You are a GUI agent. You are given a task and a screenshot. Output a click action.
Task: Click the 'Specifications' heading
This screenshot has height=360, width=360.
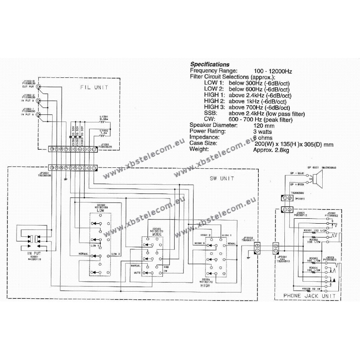pyautogui.click(x=210, y=64)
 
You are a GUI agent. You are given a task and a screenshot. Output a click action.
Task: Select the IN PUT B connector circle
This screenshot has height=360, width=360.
pyautogui.click(x=39, y=101)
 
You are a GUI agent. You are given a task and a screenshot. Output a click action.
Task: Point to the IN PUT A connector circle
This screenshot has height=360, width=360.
pyautogui.click(x=39, y=116)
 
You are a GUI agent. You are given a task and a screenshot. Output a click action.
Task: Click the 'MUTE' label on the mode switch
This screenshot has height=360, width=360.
pyautogui.click(x=136, y=273)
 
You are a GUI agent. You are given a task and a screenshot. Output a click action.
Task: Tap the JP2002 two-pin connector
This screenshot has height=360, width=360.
pyautogui.click(x=257, y=248)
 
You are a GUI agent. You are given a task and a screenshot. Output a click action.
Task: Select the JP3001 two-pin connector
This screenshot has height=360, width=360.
pyautogui.click(x=276, y=248)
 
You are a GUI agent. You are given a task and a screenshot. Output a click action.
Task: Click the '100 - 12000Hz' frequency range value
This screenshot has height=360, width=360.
pyautogui.click(x=272, y=71)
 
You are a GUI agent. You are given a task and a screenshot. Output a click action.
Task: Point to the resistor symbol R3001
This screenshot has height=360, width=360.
pyautogui.click(x=310, y=235)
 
